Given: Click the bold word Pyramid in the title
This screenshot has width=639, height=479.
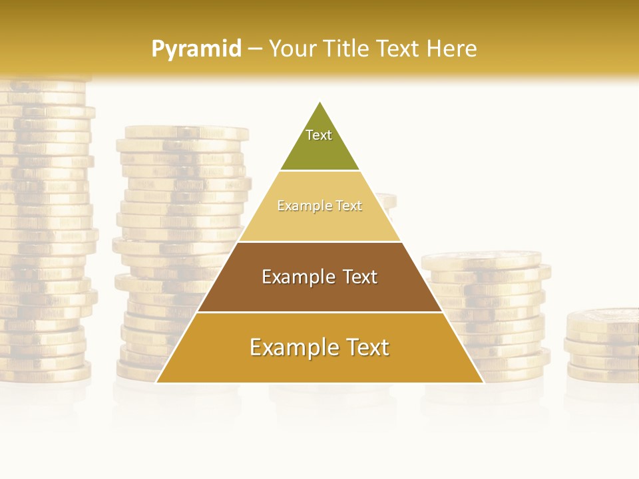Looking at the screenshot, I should pyautogui.click(x=196, y=49).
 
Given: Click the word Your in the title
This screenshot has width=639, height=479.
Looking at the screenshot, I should pyautogui.click(x=294, y=49).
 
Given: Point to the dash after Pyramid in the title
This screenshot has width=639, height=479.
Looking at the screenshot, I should pyautogui.click(x=255, y=49).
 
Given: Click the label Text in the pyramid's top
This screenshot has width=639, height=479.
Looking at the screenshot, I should pyautogui.click(x=319, y=135).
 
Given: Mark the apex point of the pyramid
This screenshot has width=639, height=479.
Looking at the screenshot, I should pyautogui.click(x=320, y=102).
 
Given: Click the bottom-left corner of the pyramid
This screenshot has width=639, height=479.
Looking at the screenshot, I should pyautogui.click(x=157, y=382).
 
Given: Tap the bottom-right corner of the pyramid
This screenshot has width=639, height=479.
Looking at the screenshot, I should pyautogui.click(x=483, y=382).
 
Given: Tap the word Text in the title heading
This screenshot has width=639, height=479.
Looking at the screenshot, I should pyautogui.click(x=397, y=49).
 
